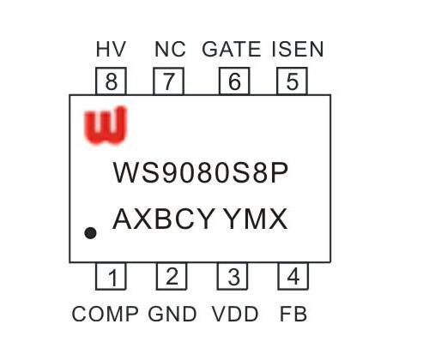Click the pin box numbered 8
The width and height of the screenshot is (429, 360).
tap(111, 81)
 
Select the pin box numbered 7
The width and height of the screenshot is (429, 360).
tap(168, 81)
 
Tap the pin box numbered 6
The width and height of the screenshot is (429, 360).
tap(234, 81)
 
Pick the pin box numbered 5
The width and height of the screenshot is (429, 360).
tap(293, 81)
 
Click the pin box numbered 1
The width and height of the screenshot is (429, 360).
tap(111, 276)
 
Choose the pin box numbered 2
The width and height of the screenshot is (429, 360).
tap(172, 276)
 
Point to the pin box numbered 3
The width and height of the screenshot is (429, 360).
tap(233, 276)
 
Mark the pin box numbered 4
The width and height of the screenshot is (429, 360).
tap(293, 276)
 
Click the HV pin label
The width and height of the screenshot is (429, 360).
tap(111, 49)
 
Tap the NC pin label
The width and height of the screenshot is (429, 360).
tap(170, 49)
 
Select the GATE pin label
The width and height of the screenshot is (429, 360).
tap(232, 49)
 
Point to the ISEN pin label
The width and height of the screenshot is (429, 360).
tap(298, 49)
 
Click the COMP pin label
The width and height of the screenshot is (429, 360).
tap(105, 314)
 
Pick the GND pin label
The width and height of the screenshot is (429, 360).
tap(172, 314)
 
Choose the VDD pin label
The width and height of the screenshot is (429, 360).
tap(235, 314)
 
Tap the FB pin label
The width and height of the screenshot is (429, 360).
tap(293, 314)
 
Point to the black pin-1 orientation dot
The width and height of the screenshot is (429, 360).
tap(90, 233)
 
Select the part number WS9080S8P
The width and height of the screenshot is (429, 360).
tap(201, 172)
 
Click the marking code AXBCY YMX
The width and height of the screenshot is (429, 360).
tap(200, 219)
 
